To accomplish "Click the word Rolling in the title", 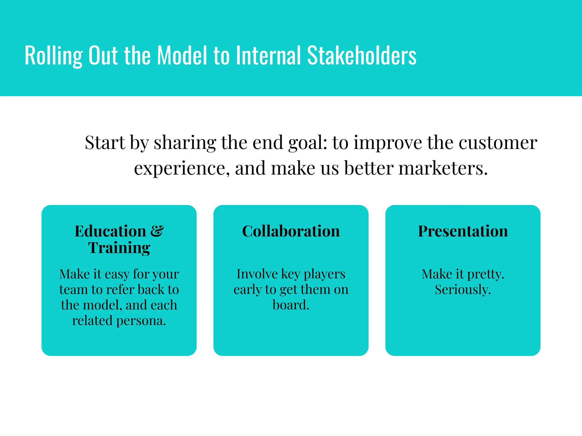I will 53,56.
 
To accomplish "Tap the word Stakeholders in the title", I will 362,56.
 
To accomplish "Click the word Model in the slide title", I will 182,56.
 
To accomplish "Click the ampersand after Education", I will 157,231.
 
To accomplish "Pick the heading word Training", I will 119,248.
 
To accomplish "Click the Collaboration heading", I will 291,231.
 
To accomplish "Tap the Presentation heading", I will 463,231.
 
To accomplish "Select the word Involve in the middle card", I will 257,274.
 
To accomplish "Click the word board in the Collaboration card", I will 290,305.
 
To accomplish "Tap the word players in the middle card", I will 324,274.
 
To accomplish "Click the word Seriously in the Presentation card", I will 462,290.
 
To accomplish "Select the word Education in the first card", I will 110,231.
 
